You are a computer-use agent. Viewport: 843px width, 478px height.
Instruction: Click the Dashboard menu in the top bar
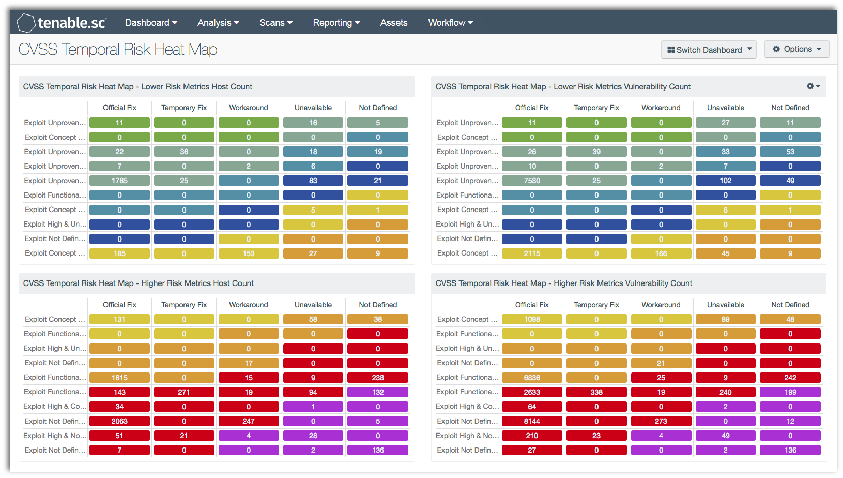pyautogui.click(x=150, y=23)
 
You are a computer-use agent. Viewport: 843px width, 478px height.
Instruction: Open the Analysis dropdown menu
pyautogui.click(x=218, y=23)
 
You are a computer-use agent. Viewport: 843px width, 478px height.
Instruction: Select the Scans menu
pyautogui.click(x=275, y=23)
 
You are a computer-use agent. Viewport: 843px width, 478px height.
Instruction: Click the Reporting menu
pyautogui.click(x=336, y=23)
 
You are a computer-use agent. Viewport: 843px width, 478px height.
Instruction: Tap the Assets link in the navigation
pyautogui.click(x=393, y=23)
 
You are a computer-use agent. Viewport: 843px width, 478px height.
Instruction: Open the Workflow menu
pyautogui.click(x=450, y=23)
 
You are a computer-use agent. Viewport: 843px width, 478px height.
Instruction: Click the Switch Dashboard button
pyautogui.click(x=708, y=50)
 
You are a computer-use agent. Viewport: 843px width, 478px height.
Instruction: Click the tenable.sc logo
pyautogui.click(x=62, y=23)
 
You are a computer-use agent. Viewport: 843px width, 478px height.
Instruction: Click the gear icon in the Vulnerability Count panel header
pyautogui.click(x=813, y=86)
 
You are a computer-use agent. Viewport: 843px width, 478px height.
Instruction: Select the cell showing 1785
pyautogui.click(x=119, y=181)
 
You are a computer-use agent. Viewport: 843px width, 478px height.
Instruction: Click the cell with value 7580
pyautogui.click(x=531, y=181)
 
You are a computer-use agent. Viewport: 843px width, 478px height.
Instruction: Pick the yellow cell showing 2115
pyautogui.click(x=531, y=253)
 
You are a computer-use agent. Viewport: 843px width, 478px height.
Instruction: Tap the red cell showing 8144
pyautogui.click(x=531, y=421)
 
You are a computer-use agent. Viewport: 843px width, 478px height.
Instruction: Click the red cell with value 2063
pyautogui.click(x=119, y=421)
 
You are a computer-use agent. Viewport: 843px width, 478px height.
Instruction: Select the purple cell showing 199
pyautogui.click(x=790, y=392)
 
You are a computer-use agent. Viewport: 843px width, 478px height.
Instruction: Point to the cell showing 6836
pyautogui.click(x=531, y=378)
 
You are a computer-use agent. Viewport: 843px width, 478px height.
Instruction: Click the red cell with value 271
pyautogui.click(x=184, y=392)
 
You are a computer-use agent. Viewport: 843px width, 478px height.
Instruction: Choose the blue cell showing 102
pyautogui.click(x=725, y=181)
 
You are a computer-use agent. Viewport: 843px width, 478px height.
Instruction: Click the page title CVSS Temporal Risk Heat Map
pyautogui.click(x=118, y=50)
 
